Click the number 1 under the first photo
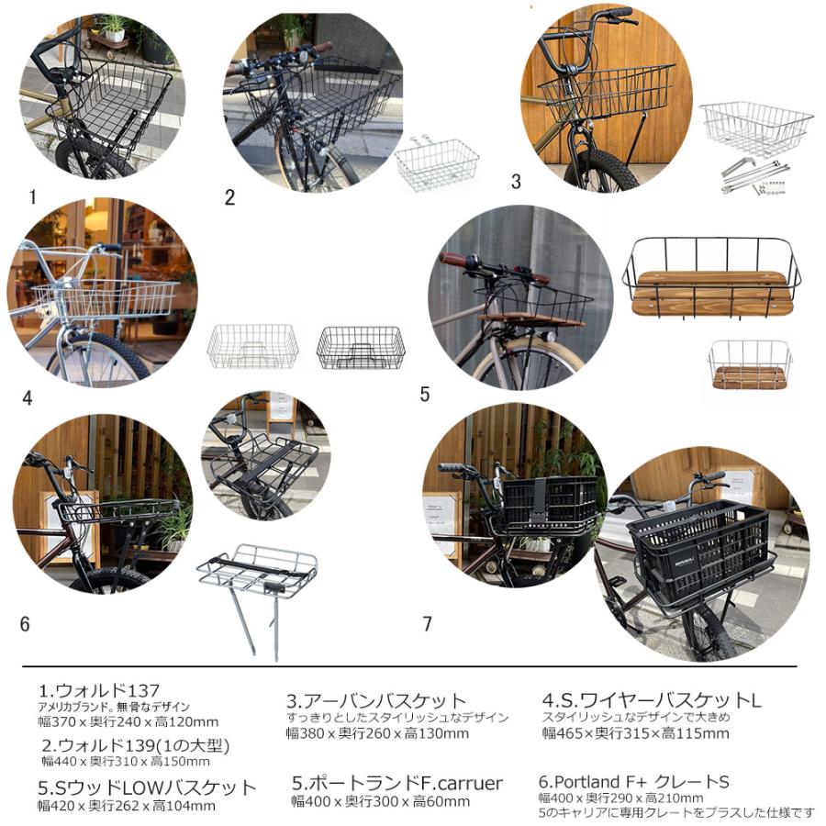[x=32, y=196]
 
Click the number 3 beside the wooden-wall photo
[x=516, y=182]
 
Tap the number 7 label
[x=427, y=624]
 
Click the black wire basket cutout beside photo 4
[x=361, y=347]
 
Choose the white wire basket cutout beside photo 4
[x=252, y=346]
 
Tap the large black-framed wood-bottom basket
[x=711, y=277]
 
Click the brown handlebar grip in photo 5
[x=453, y=260]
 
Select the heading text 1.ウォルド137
[x=99, y=690]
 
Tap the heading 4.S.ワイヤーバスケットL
[x=652, y=700]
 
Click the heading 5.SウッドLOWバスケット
[x=147, y=787]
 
